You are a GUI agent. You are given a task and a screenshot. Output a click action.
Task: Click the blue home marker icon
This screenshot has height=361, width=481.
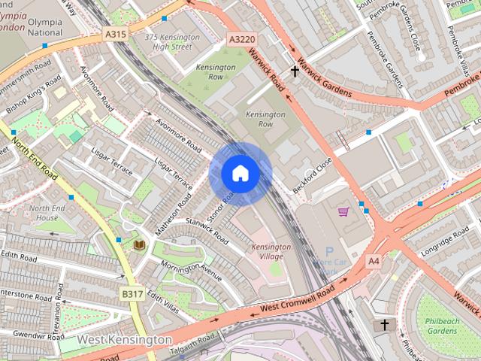click(240, 174)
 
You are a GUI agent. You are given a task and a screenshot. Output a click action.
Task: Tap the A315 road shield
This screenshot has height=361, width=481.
click(115, 34)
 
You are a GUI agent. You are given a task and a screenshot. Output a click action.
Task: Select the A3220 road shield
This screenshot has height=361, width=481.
click(244, 39)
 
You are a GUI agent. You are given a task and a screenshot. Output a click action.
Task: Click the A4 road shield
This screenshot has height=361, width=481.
click(374, 260)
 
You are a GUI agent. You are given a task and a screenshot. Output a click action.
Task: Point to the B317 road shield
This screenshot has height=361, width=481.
click(132, 294)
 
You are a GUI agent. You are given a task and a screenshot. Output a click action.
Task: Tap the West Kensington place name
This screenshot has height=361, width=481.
click(124, 340)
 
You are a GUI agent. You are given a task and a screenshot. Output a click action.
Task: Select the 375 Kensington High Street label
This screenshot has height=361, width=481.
click(172, 42)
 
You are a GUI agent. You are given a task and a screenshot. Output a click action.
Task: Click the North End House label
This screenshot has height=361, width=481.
click(47, 213)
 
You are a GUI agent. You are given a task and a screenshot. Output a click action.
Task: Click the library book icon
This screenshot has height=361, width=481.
click(138, 245)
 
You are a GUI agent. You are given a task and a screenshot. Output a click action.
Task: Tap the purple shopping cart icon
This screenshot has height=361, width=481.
click(343, 212)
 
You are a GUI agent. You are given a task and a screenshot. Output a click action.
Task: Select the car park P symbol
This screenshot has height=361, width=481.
click(328, 252)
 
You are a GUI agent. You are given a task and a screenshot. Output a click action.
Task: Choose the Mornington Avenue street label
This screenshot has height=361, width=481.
click(191, 268)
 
